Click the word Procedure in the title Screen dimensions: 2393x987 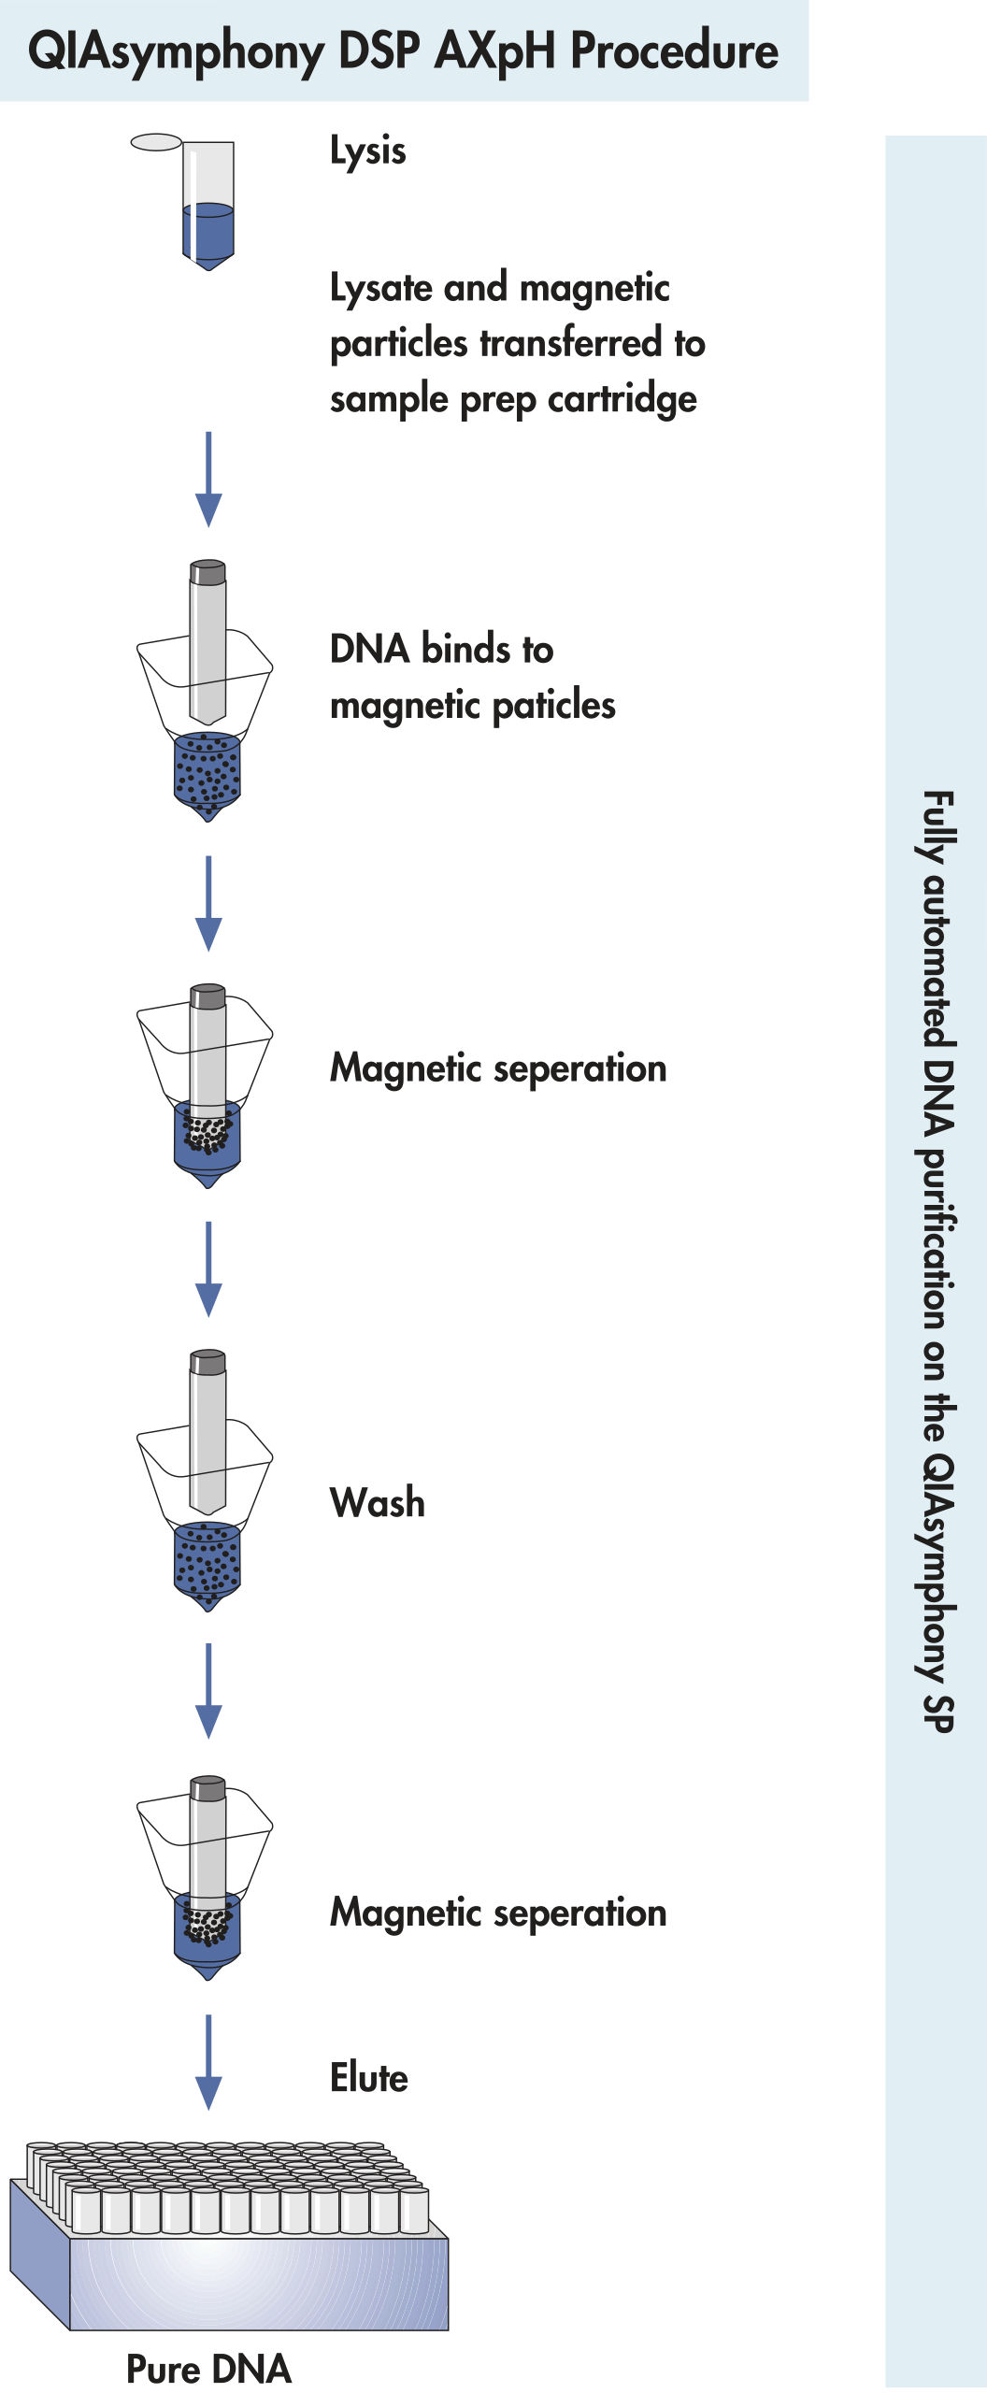pos(674,51)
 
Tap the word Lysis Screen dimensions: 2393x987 pos(367,151)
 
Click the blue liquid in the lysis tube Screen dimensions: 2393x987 pos(207,234)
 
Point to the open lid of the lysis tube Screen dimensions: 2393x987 pos(156,142)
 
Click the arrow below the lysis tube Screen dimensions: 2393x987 pos(207,479)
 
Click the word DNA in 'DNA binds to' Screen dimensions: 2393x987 pos(370,650)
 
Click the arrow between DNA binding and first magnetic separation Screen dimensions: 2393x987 pos(207,903)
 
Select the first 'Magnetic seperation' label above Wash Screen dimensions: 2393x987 pos(497,1068)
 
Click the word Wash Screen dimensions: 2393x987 pos(377,1503)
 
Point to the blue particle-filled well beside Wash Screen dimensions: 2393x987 pos(207,1559)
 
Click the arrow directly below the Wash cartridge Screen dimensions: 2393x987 pos(207,1690)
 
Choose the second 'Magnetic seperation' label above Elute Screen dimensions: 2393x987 pos(497,1913)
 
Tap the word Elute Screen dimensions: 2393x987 pos(368,2077)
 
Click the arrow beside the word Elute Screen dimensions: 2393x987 pos(207,2060)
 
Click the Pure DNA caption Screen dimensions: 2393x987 pos(208,2369)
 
